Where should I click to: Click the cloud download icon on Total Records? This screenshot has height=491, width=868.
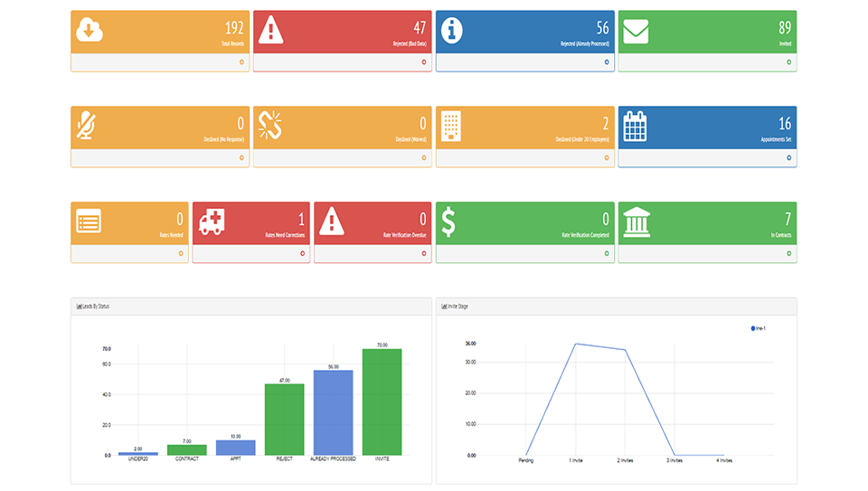[x=90, y=30]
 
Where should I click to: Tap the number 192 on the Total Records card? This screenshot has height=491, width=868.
[x=234, y=27]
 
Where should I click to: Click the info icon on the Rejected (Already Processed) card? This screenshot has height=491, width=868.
[x=452, y=30]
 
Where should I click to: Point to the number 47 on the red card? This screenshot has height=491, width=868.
[x=420, y=27]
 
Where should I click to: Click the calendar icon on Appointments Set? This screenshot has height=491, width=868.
[x=636, y=126]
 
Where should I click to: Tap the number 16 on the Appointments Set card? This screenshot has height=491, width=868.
[x=784, y=123]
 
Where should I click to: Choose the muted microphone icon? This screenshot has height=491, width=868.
[x=88, y=126]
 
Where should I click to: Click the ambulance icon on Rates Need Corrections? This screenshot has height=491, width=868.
[x=211, y=222]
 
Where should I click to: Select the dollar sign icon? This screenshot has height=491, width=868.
[x=448, y=222]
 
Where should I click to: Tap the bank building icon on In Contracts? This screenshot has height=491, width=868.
[x=637, y=221]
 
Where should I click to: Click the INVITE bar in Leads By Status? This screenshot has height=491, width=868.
[x=382, y=401]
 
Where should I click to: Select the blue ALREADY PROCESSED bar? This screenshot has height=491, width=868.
[x=333, y=412]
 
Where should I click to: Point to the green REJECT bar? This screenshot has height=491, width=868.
[x=284, y=420]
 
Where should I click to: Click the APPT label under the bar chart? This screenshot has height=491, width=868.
[x=235, y=459]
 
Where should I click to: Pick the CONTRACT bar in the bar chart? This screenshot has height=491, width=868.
[x=186, y=449]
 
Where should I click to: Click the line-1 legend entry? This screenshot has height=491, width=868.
[x=759, y=328]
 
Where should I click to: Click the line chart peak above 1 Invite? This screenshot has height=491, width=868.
[x=575, y=344]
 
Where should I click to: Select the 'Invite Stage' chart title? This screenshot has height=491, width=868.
[x=457, y=307]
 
